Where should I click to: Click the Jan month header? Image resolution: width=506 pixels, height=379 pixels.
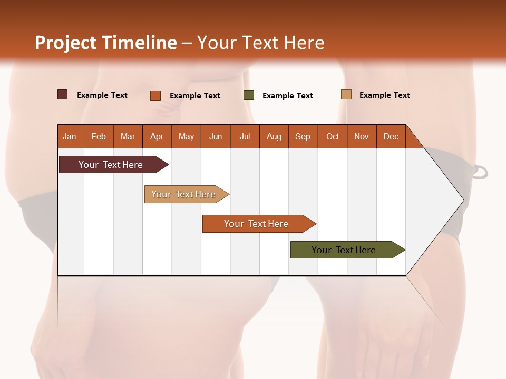(x=70, y=136)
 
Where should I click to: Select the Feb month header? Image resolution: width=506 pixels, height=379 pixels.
(x=99, y=136)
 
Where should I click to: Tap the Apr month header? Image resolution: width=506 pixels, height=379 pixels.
(x=157, y=136)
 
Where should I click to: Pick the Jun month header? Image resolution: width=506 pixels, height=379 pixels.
(x=216, y=136)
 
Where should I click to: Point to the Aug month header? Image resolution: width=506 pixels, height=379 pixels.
(x=274, y=136)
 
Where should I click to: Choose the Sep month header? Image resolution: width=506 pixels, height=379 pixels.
(x=303, y=136)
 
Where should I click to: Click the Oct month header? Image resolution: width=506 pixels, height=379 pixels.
(x=333, y=136)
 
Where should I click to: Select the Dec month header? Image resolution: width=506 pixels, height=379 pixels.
(x=391, y=136)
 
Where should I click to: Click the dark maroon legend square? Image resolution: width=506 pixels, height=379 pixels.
(x=63, y=95)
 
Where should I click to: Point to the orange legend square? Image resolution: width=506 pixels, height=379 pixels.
(x=155, y=95)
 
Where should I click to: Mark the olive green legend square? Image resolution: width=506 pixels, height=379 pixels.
(x=249, y=95)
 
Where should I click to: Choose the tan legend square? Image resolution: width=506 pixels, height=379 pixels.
(x=346, y=95)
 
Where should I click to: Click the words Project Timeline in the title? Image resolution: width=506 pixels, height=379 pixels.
(x=106, y=43)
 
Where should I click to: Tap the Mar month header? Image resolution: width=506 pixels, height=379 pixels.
(x=128, y=136)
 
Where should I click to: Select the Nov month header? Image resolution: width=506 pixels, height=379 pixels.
(x=362, y=136)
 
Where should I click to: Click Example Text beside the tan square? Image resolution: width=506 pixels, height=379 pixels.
(x=385, y=95)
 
